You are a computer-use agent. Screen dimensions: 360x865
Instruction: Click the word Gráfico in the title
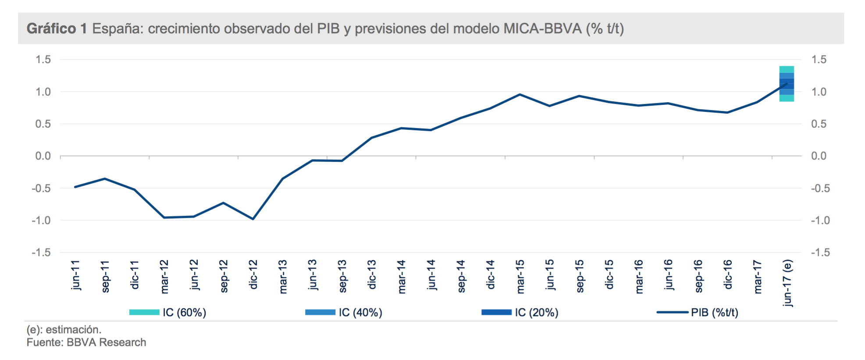click(x=51, y=29)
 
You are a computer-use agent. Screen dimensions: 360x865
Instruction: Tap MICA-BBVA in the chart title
click(x=542, y=29)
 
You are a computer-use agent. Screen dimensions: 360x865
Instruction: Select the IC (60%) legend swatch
click(x=144, y=312)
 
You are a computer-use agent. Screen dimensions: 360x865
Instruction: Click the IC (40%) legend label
click(x=360, y=312)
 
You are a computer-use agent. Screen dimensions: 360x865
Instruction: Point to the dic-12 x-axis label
click(x=253, y=274)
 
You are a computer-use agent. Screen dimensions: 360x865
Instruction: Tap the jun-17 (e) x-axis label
click(x=787, y=283)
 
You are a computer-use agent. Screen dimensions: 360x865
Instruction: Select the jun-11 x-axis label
click(x=75, y=275)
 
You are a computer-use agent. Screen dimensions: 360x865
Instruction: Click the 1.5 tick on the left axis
click(x=43, y=59)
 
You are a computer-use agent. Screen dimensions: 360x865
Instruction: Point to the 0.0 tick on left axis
click(x=43, y=156)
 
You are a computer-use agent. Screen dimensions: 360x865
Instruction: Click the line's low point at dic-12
click(x=253, y=219)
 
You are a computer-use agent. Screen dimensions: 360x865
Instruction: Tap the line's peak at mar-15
click(x=520, y=94)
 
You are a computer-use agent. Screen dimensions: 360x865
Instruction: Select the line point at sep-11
click(x=105, y=178)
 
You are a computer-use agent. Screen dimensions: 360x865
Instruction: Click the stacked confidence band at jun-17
click(x=787, y=83)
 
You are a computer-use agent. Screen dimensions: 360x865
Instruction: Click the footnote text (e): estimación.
click(x=64, y=329)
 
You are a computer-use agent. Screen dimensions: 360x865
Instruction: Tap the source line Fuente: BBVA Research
click(x=86, y=342)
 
